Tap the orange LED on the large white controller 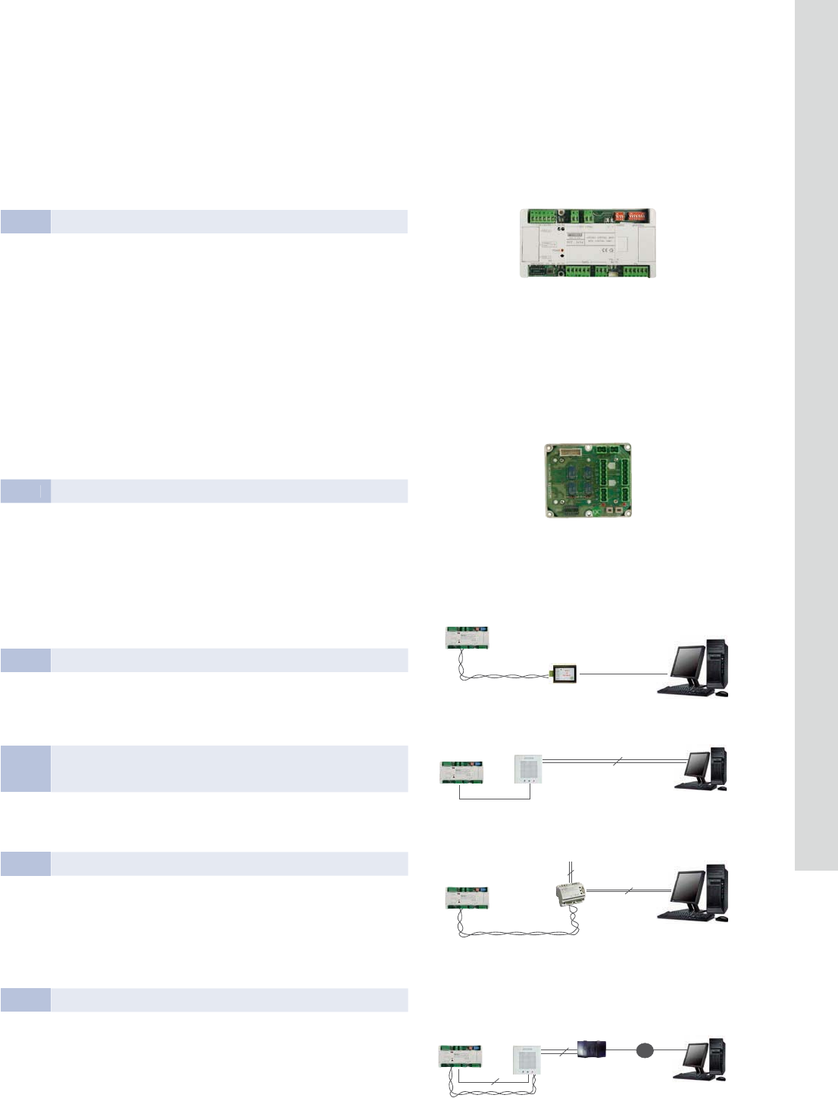click(x=561, y=249)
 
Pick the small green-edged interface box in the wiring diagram click(x=564, y=674)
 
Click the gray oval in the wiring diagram click(x=645, y=1050)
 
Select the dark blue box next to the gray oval click(x=592, y=1050)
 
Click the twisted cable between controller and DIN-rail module click(x=515, y=934)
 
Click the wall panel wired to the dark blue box click(x=529, y=1067)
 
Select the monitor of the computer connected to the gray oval click(x=695, y=1056)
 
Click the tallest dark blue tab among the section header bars click(x=26, y=768)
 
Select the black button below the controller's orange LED click(x=561, y=256)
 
